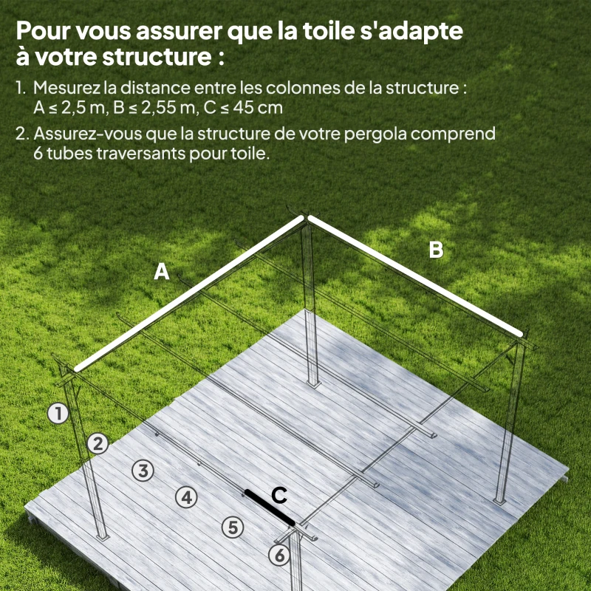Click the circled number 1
(x=58, y=414)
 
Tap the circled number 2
(x=98, y=443)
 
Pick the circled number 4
(x=187, y=497)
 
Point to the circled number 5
(x=232, y=527)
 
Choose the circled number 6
(x=279, y=556)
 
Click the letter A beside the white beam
(x=162, y=273)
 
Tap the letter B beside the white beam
(x=437, y=250)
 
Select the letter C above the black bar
(x=279, y=496)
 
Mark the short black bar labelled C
(x=270, y=508)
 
